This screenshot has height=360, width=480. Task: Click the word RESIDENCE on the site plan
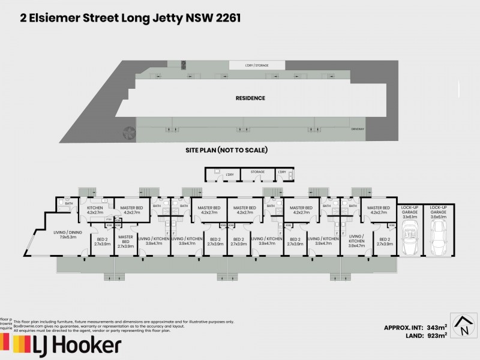coord(250,98)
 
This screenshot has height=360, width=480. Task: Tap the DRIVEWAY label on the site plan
coord(359,128)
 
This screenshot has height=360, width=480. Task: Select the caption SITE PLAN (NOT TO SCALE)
coord(226,150)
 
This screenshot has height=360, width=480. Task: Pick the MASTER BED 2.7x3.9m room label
coord(125,242)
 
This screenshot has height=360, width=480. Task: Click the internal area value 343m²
coord(440,327)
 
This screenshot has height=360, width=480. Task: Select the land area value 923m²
coord(440,336)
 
